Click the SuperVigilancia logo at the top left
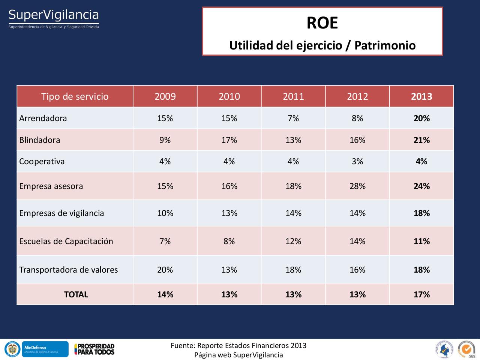(54, 18)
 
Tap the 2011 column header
(293, 96)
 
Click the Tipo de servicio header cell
(75, 96)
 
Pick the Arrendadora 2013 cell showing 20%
(421, 118)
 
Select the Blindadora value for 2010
(229, 140)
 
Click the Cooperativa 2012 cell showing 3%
(357, 161)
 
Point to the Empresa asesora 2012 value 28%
(357, 186)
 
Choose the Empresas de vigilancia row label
(61, 213)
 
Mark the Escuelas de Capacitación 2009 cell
(165, 241)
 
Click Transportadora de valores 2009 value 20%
(165, 270)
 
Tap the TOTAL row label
(76, 294)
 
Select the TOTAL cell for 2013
(421, 294)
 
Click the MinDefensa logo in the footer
(45, 349)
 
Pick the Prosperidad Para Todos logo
(94, 349)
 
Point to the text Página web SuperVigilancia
(238, 355)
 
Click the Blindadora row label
(40, 140)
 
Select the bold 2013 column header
(421, 96)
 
